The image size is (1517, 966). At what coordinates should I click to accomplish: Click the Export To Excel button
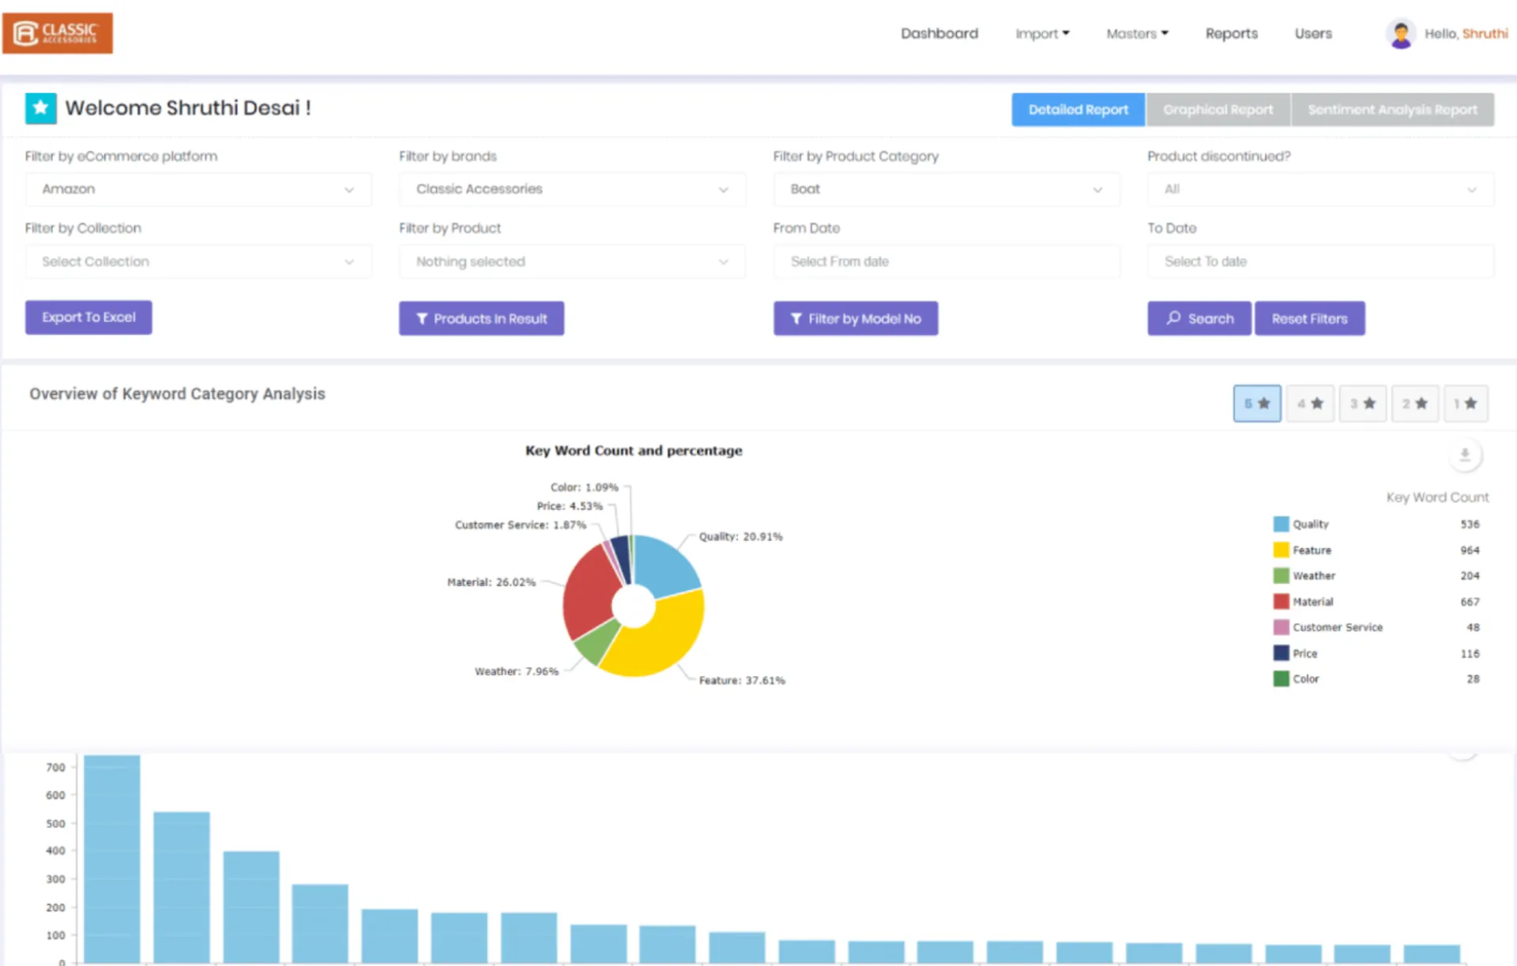click(x=88, y=318)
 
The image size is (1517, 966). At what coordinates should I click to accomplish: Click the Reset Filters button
click(x=1309, y=318)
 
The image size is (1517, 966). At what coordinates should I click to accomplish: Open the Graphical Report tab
click(x=1218, y=110)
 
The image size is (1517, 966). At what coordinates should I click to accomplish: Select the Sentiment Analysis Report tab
click(x=1392, y=110)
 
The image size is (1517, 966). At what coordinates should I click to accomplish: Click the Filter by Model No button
click(x=856, y=318)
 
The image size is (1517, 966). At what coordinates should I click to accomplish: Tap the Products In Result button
click(x=481, y=318)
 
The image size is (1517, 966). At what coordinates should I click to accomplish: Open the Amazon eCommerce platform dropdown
click(x=198, y=190)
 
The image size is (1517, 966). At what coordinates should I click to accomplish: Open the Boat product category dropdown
click(x=946, y=190)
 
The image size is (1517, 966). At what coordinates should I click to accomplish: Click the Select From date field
click(x=946, y=261)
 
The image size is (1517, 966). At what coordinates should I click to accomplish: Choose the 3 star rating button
click(x=1362, y=404)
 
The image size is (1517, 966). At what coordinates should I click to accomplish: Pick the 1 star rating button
click(x=1466, y=404)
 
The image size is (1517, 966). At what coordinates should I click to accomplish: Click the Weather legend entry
click(x=1313, y=576)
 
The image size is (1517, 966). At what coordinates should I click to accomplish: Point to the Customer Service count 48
click(x=1473, y=627)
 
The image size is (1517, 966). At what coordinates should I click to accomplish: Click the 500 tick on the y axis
click(x=55, y=823)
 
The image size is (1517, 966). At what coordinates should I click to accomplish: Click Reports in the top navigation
click(x=1231, y=34)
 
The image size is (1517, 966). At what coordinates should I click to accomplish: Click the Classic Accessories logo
click(x=58, y=33)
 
